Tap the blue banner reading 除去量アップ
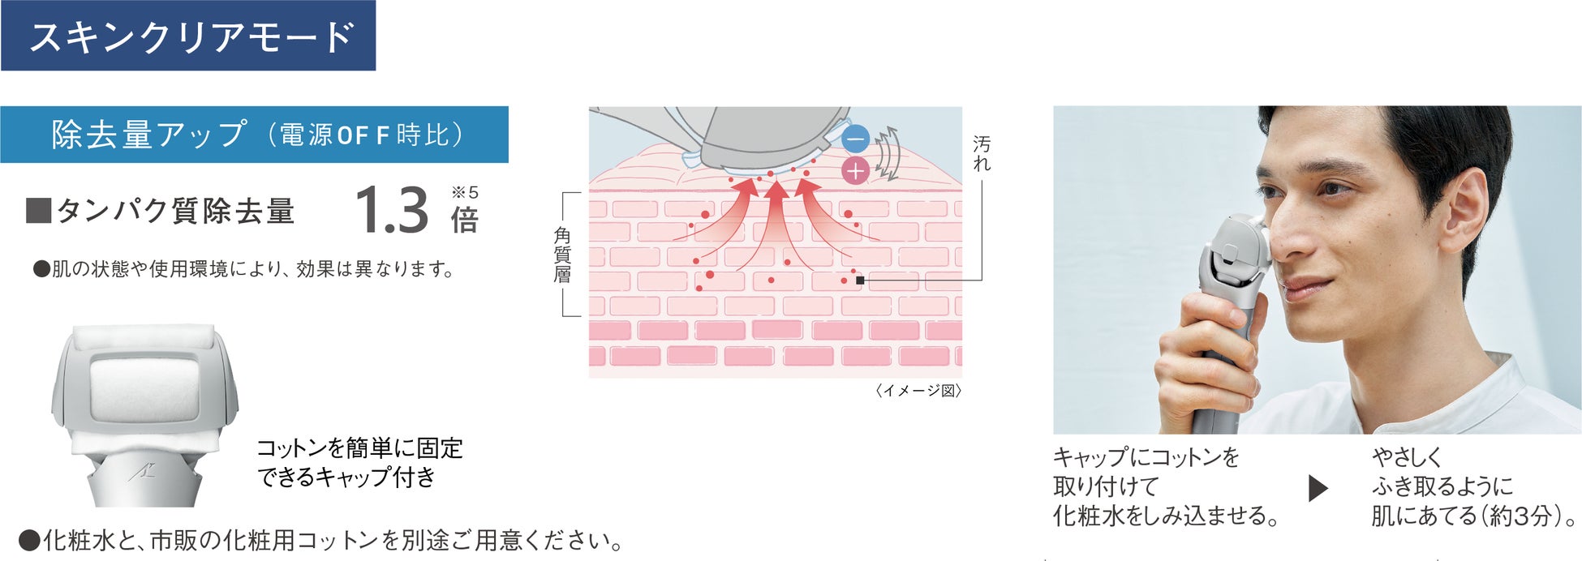click(254, 135)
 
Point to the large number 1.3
click(391, 211)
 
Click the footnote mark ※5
click(465, 192)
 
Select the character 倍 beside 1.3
click(465, 220)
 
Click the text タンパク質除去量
click(175, 212)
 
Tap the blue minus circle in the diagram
click(855, 139)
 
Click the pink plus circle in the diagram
click(855, 170)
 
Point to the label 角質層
click(562, 255)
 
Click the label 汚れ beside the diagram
click(982, 153)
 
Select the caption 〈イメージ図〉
click(918, 391)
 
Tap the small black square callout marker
click(860, 280)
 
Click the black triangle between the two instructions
click(1318, 488)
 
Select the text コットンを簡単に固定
click(359, 448)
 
